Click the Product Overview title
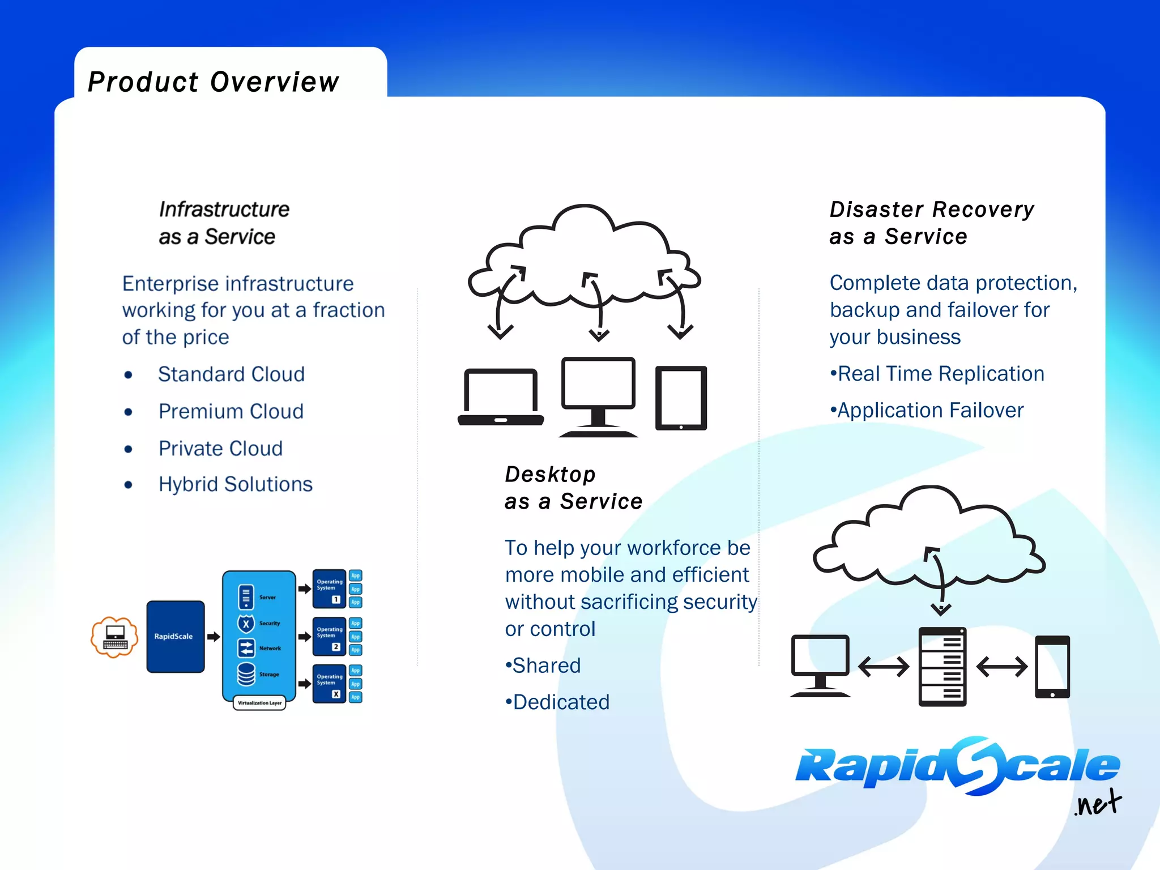[x=214, y=82]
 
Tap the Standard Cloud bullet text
[x=231, y=374]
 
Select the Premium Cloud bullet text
[x=231, y=411]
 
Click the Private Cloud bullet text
[x=220, y=449]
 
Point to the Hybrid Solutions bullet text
[x=235, y=484]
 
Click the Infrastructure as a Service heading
[x=224, y=223]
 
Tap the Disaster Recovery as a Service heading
[x=931, y=223]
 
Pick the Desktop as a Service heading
[x=573, y=488]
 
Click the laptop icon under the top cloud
[x=501, y=396]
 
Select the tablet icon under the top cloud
[x=681, y=398]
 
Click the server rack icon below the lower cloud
[x=942, y=667]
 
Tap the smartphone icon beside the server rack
[x=1052, y=667]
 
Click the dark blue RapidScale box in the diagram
[x=175, y=637]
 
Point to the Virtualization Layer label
[x=259, y=703]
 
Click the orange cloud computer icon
[x=115, y=637]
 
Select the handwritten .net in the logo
[x=1098, y=803]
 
